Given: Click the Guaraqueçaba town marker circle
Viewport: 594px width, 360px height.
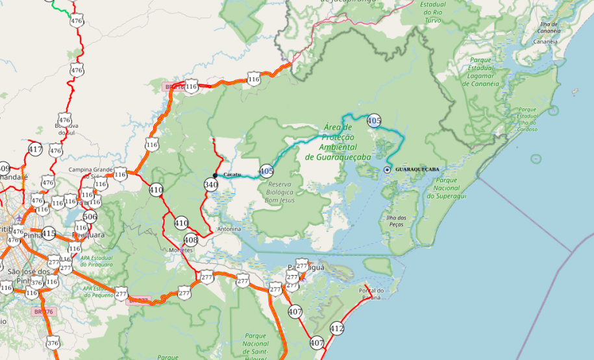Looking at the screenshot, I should pyautogui.click(x=388, y=169).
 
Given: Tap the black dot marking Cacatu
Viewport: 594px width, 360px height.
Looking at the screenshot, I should pyautogui.click(x=215, y=175).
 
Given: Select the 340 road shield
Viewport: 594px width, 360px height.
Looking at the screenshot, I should pyautogui.click(x=210, y=185).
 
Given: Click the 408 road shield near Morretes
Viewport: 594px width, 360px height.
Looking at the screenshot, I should pyautogui.click(x=190, y=239).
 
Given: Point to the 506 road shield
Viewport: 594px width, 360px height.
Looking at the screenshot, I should pyautogui.click(x=90, y=217).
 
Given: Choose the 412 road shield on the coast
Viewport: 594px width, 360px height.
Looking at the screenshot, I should pyautogui.click(x=336, y=328).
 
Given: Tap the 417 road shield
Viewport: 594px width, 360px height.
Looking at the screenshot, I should pyautogui.click(x=35, y=150).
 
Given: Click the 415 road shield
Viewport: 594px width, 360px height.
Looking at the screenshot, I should pyautogui.click(x=49, y=233).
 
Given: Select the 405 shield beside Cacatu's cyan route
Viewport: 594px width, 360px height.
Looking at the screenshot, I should pyautogui.click(x=266, y=171).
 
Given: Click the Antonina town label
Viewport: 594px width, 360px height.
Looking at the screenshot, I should pyautogui.click(x=229, y=230).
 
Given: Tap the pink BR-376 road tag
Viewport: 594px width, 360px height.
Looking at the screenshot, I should pyautogui.click(x=44, y=311).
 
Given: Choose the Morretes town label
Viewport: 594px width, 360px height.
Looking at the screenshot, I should pyautogui.click(x=180, y=250).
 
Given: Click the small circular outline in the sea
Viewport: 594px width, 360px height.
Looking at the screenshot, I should pyautogui.click(x=536, y=158).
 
